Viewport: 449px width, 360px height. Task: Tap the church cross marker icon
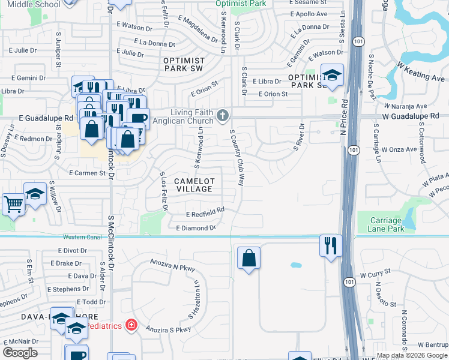tap(222, 115)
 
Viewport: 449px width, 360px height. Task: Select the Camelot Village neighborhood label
tap(193, 185)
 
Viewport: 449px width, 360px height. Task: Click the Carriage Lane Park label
tap(385, 225)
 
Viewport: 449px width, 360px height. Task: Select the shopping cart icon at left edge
tap(13, 203)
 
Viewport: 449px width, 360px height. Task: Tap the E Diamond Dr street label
tap(196, 228)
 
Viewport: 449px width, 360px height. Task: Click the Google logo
tap(20, 353)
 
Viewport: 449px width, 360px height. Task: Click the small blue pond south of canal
tap(296, 265)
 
